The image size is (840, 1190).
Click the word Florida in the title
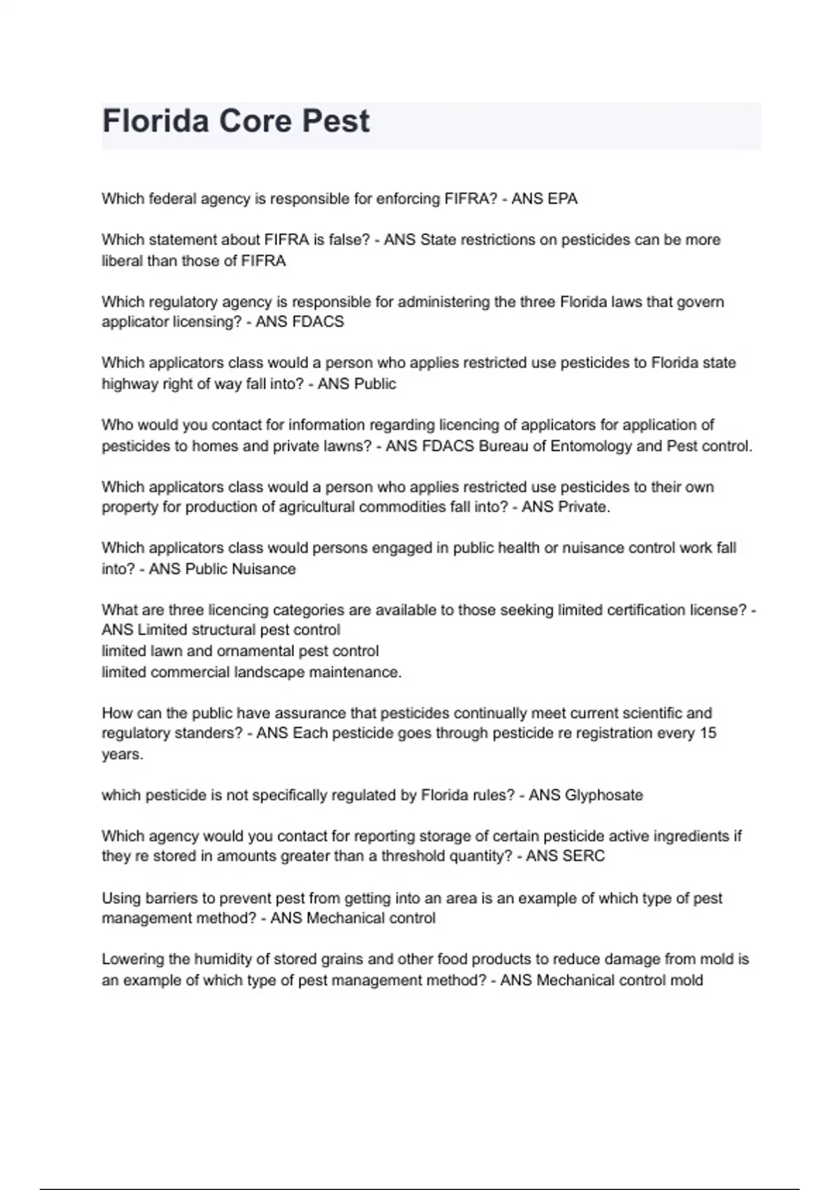155,121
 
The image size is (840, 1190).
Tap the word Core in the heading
255,121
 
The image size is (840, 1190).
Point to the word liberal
122,261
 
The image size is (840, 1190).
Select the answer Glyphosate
603,795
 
